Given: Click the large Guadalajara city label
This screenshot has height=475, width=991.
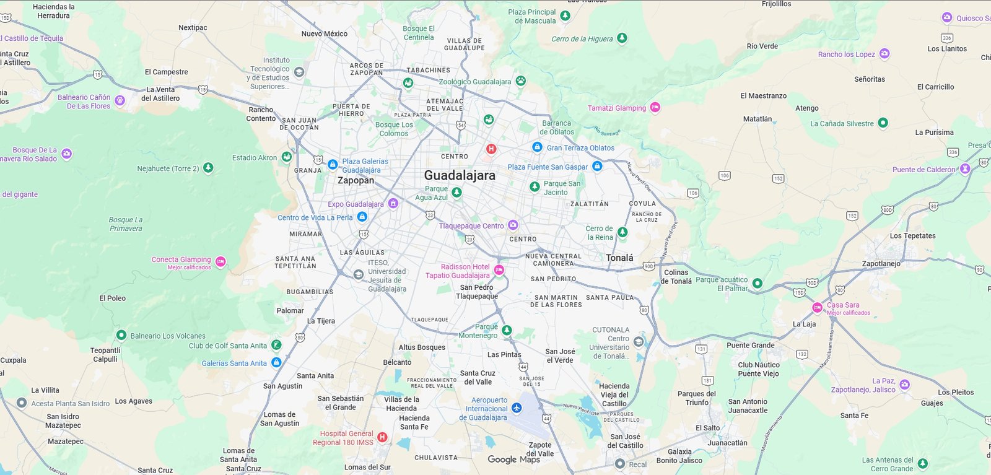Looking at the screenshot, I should tap(460, 176).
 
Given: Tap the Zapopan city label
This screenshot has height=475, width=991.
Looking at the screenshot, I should tap(356, 181).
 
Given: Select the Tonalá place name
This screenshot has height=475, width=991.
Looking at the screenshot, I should tap(619, 258).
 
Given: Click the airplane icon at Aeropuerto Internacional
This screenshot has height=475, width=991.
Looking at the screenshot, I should tap(517, 407).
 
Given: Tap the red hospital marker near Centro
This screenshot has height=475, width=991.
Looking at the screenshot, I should tap(491, 149).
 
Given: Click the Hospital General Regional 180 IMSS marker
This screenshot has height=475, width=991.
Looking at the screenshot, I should tap(382, 437).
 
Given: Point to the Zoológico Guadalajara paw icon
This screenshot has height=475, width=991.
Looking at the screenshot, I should tap(521, 81).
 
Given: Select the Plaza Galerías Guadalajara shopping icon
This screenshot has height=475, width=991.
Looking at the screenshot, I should tap(333, 165).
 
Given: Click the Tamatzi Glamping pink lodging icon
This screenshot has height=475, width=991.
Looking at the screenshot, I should tap(655, 108).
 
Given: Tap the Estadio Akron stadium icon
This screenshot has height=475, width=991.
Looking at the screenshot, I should tap(286, 157).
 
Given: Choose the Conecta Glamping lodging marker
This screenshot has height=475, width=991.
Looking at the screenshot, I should tap(220, 261).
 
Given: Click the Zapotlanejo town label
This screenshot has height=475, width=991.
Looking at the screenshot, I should tap(881, 264).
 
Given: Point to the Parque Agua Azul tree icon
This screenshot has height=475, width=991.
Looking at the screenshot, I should tap(456, 193).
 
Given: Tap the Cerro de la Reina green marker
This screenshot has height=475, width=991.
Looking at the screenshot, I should tap(622, 232).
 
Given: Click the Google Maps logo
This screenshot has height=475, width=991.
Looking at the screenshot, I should tap(513, 460).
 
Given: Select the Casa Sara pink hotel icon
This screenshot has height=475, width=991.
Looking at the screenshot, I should tap(818, 307).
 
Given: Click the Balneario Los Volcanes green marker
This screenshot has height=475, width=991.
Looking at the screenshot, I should tap(121, 335).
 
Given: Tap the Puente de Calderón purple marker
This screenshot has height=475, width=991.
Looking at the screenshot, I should tap(965, 168).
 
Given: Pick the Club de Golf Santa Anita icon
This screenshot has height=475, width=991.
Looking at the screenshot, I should tap(276, 345).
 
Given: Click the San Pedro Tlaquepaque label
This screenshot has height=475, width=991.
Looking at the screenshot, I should tap(476, 292).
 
